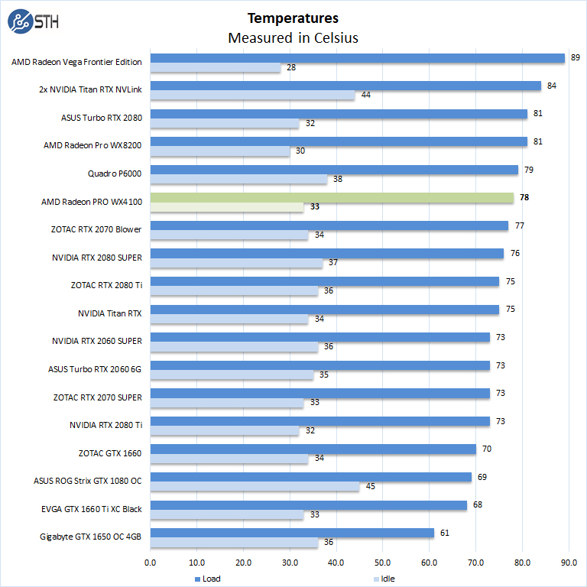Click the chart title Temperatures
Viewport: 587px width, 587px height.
pos(293,18)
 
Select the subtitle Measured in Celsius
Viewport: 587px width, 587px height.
pos(293,37)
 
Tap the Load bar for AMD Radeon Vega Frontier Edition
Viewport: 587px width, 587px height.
pos(357,58)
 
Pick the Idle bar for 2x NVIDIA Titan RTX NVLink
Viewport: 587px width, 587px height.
pos(252,95)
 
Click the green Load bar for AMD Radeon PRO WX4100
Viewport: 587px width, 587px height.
pos(332,198)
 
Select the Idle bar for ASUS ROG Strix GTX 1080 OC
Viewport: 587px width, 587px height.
pos(255,486)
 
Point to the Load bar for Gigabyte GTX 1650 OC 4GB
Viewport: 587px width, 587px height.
pos(292,533)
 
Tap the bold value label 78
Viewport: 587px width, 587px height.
pos(524,197)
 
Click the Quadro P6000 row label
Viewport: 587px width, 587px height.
pos(115,174)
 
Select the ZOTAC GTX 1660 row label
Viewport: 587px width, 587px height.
pos(109,453)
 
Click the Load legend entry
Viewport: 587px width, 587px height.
pos(207,579)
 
